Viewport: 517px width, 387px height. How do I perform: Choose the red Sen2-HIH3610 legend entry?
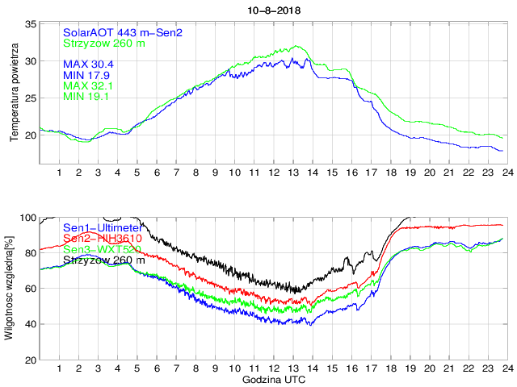coord(103,239)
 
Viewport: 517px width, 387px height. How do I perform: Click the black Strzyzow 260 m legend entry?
coord(103,260)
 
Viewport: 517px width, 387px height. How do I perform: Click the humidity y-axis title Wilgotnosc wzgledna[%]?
coord(10,288)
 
